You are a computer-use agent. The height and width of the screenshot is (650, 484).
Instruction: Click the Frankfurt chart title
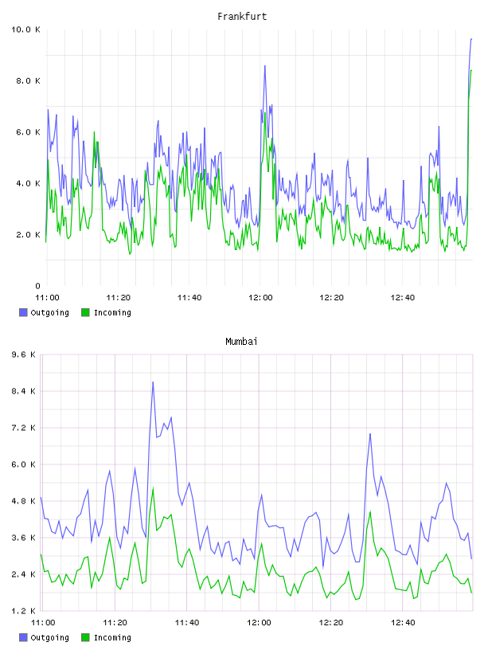(242, 17)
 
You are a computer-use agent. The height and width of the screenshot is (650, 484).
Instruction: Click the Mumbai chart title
(241, 342)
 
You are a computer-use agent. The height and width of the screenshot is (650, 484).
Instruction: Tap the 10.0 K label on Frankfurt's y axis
(25, 29)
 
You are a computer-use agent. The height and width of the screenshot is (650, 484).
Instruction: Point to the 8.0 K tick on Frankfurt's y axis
(28, 80)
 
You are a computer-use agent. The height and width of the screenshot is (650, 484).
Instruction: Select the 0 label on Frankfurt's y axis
(37, 286)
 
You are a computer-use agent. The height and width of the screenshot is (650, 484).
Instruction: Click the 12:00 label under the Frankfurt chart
(260, 298)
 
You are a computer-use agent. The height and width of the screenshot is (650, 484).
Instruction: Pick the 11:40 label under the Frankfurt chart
(189, 298)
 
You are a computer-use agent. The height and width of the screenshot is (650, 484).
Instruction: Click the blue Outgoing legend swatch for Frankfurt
(23, 312)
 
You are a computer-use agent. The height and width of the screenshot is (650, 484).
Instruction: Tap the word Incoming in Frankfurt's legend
(112, 313)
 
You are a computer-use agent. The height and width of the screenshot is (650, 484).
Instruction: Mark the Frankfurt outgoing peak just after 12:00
(265, 66)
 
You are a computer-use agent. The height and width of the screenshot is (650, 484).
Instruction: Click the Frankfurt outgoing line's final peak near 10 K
(471, 39)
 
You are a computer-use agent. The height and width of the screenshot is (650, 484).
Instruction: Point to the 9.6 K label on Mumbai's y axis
(24, 354)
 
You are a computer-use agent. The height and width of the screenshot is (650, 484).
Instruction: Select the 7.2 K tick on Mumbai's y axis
(24, 428)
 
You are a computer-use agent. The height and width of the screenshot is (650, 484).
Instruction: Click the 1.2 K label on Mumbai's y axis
(24, 611)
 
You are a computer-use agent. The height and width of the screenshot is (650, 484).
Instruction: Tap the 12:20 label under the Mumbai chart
(330, 623)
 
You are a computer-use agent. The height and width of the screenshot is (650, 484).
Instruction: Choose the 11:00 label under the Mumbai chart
(43, 623)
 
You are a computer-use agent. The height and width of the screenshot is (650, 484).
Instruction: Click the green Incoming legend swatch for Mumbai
(85, 637)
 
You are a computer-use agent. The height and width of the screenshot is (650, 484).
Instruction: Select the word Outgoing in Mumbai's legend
(49, 638)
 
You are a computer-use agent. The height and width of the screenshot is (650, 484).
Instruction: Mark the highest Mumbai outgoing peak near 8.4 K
(153, 382)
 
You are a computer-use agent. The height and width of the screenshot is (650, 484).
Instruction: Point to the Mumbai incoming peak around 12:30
(370, 512)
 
